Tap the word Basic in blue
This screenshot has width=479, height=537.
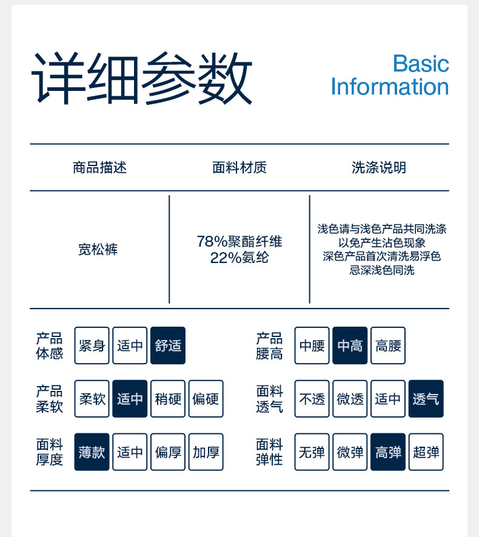(x=420, y=64)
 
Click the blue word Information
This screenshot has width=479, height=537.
(x=389, y=87)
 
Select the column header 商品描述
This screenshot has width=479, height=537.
(x=99, y=168)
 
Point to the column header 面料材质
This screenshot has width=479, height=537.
(x=239, y=168)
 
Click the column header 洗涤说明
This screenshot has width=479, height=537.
(x=379, y=168)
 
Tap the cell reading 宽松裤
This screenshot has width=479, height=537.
(x=98, y=249)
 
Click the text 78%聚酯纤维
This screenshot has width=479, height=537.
(x=239, y=241)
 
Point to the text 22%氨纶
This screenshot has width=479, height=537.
(x=239, y=258)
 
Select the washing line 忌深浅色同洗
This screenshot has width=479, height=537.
(x=381, y=270)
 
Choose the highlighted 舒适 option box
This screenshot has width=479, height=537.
(x=168, y=345)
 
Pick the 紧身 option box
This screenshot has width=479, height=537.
(x=92, y=345)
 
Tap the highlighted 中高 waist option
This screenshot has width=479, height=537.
(x=350, y=345)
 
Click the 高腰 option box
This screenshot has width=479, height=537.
(x=388, y=345)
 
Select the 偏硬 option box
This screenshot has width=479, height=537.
(x=206, y=399)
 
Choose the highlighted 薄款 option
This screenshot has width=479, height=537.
(x=92, y=452)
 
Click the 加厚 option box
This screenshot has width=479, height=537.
(x=206, y=452)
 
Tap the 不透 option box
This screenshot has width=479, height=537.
(x=312, y=399)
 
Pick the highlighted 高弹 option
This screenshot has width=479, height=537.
(x=388, y=452)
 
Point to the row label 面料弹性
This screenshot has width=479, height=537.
(x=269, y=452)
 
